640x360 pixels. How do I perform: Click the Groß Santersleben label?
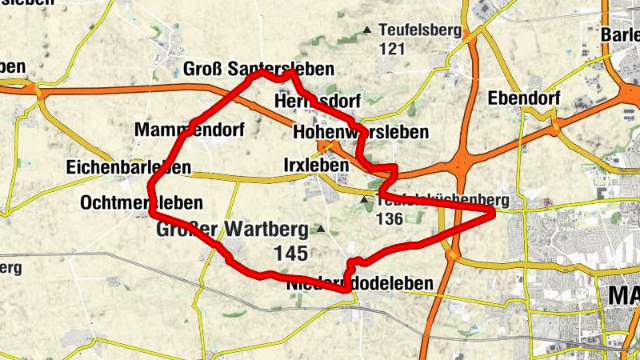click(258, 69)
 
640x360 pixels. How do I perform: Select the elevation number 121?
click(392, 48)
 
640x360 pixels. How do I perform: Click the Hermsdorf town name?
click(318, 102)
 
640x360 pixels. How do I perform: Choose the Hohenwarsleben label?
click(361, 131)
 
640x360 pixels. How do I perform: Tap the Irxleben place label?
click(316, 165)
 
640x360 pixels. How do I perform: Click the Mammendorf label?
click(190, 130)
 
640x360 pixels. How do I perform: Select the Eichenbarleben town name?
click(129, 167)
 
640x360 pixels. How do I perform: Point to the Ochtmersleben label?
click(142, 203)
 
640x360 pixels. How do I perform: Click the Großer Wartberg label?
click(232, 230)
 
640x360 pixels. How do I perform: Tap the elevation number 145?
click(290, 254)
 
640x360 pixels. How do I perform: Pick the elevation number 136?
click(390, 218)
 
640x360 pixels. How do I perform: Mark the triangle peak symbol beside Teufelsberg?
click(367, 30)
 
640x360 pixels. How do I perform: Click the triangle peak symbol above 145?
click(321, 230)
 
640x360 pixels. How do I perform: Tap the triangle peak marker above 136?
click(365, 200)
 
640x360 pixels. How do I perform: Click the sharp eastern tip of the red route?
click(493, 211)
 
